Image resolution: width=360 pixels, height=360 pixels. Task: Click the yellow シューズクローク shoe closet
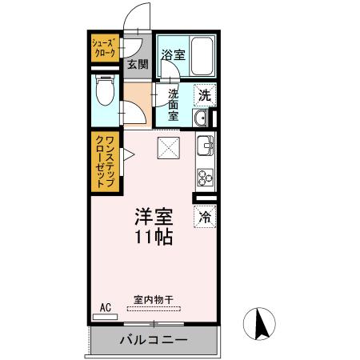click(103, 48)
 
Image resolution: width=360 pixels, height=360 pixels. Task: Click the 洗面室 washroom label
click(174, 103)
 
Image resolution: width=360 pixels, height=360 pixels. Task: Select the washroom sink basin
click(201, 120)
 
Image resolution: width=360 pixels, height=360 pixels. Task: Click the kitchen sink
click(205, 146)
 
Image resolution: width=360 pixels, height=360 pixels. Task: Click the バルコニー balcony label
click(154, 340)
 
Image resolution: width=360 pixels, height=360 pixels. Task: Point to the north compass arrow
click(260, 324)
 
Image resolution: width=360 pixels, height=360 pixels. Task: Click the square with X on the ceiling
click(168, 147)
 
